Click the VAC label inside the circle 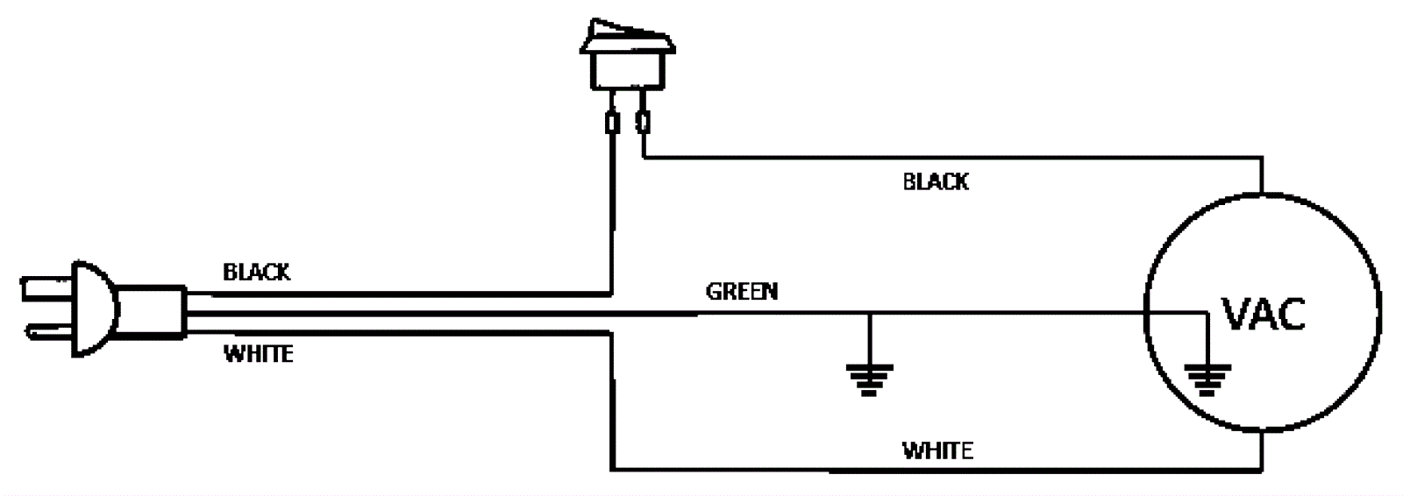pyautogui.click(x=1264, y=314)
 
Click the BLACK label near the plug pyautogui.click(x=256, y=273)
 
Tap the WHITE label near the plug pyautogui.click(x=259, y=354)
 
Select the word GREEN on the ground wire pyautogui.click(x=742, y=291)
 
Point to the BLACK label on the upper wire pyautogui.click(x=936, y=182)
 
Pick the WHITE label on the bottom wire pyautogui.click(x=937, y=451)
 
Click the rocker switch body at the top pyautogui.click(x=627, y=67)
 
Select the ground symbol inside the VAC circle pyautogui.click(x=1207, y=378)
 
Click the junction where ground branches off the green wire pyautogui.click(x=869, y=313)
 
